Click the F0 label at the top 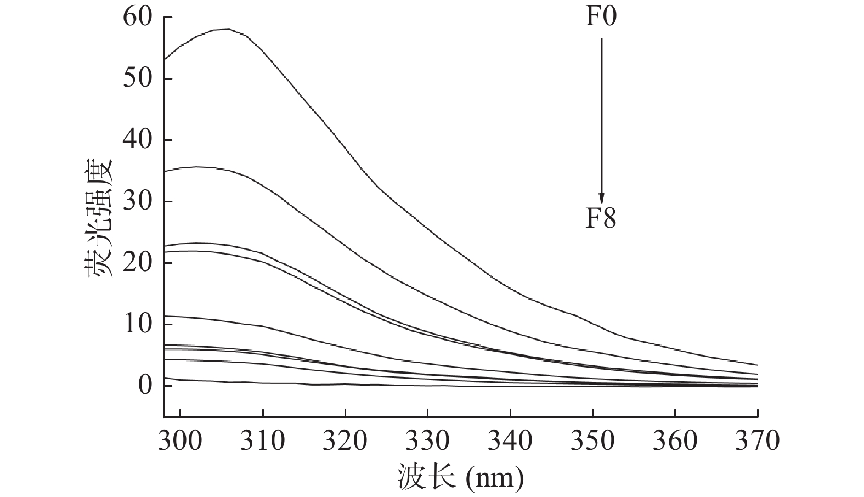point(601,16)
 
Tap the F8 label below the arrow point(601,218)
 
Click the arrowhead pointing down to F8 point(601,198)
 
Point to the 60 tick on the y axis point(138,17)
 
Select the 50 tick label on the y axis point(138,78)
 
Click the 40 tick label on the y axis point(138,140)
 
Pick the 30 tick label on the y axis point(138,201)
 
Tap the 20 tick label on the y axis point(138,263)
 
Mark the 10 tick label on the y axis point(138,324)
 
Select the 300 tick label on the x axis point(180,440)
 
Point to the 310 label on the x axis point(263,440)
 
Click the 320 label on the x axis point(345,440)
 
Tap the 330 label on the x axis point(427,440)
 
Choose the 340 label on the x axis point(510,440)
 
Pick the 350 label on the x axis point(592,440)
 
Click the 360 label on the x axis point(675,440)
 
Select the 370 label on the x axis point(757,440)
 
